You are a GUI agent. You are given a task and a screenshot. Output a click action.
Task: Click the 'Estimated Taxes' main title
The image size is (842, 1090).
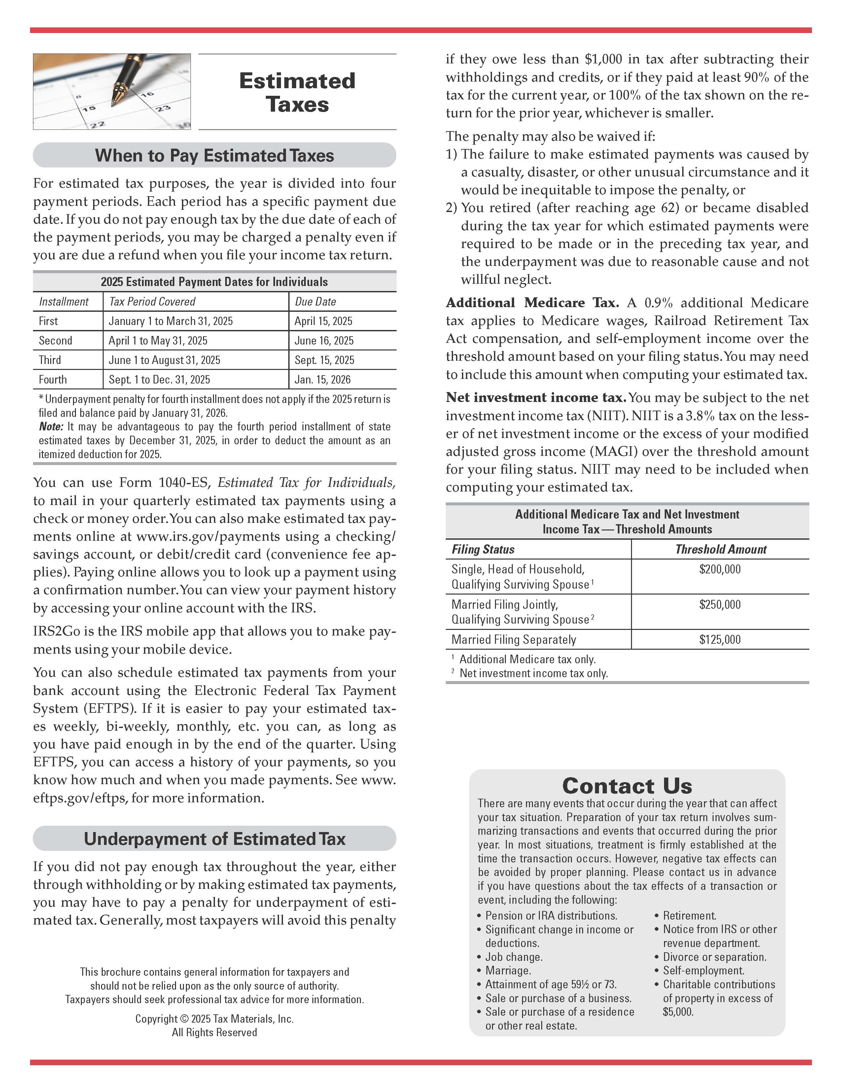(x=297, y=92)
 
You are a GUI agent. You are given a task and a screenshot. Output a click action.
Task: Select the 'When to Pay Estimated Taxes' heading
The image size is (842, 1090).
(x=215, y=155)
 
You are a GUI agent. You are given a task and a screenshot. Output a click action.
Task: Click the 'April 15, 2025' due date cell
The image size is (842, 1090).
(x=323, y=321)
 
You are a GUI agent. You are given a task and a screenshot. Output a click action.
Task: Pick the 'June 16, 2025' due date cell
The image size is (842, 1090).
(x=324, y=340)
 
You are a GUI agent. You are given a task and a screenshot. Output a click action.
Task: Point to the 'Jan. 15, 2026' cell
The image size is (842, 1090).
(x=322, y=379)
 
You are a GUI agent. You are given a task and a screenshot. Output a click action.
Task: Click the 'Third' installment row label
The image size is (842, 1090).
(x=50, y=360)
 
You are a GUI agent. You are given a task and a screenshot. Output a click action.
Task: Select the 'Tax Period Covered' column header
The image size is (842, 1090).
(x=152, y=302)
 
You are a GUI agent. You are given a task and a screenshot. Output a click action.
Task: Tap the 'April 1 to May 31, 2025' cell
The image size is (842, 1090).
(x=158, y=340)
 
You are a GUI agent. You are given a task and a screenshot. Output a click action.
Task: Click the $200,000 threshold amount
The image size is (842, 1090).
(x=720, y=569)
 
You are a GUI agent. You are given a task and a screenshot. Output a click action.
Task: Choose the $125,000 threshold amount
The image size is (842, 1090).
(x=720, y=639)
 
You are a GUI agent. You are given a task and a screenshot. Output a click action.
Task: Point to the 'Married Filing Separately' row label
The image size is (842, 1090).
(x=513, y=639)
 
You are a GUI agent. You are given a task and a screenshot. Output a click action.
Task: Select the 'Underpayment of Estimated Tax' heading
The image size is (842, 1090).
(x=215, y=838)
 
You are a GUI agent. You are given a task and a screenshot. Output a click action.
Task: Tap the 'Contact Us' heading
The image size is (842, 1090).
(x=627, y=785)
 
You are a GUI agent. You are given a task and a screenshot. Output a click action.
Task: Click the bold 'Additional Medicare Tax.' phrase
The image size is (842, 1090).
(x=532, y=303)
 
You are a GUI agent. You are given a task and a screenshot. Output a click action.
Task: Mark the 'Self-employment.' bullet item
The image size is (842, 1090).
(x=703, y=970)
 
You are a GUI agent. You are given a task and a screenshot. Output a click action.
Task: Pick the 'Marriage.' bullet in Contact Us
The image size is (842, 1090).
(x=508, y=970)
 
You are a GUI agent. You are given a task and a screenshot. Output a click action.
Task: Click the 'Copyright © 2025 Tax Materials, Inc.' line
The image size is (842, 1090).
(x=215, y=1019)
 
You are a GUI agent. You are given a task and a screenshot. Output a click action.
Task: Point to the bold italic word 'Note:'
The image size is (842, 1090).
(x=51, y=427)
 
